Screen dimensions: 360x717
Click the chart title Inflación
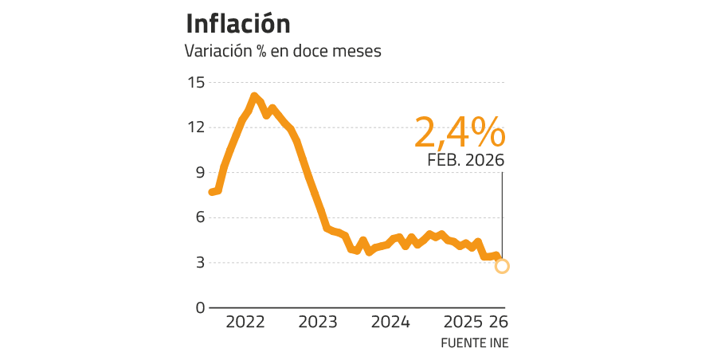coord(237,24)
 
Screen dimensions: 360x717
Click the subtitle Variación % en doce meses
coord(283,52)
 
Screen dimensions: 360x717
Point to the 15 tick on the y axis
coord(196,82)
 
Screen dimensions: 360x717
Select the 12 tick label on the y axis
coord(196,127)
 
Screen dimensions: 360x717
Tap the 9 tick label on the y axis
coord(199,172)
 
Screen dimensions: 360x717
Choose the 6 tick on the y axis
coord(199,217)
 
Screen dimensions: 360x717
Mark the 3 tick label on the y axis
coord(199,262)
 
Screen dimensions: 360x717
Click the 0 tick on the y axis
coord(199,307)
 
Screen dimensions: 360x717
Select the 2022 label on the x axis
coord(245,323)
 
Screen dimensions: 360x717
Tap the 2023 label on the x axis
coord(318,323)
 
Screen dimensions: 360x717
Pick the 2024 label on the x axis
coord(390,323)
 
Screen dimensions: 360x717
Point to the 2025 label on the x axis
coord(463,323)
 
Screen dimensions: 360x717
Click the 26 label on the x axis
coord(498,323)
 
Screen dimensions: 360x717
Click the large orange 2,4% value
coord(458,131)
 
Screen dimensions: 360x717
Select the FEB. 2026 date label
coord(466,160)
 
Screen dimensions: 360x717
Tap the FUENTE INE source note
coord(475,342)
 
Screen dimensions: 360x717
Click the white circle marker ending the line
coord(502,266)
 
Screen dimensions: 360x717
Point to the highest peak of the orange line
coord(254,96)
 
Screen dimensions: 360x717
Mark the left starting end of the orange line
coord(211,192)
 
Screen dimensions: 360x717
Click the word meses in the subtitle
coord(357,52)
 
